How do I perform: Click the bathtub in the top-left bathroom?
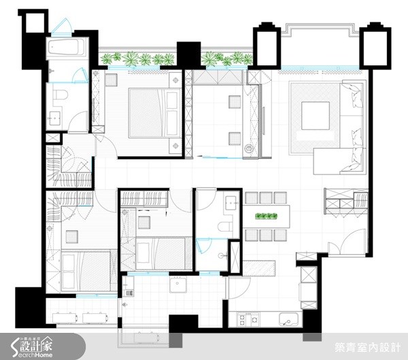pyautogui.click(x=66, y=48)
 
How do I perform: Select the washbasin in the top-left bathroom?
pyautogui.click(x=54, y=120)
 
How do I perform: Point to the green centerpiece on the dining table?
pyautogui.click(x=267, y=217)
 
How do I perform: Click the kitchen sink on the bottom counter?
pyautogui.click(x=286, y=320)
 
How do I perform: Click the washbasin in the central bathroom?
pyautogui.click(x=231, y=202)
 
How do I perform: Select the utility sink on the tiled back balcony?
pyautogui.click(x=178, y=284)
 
